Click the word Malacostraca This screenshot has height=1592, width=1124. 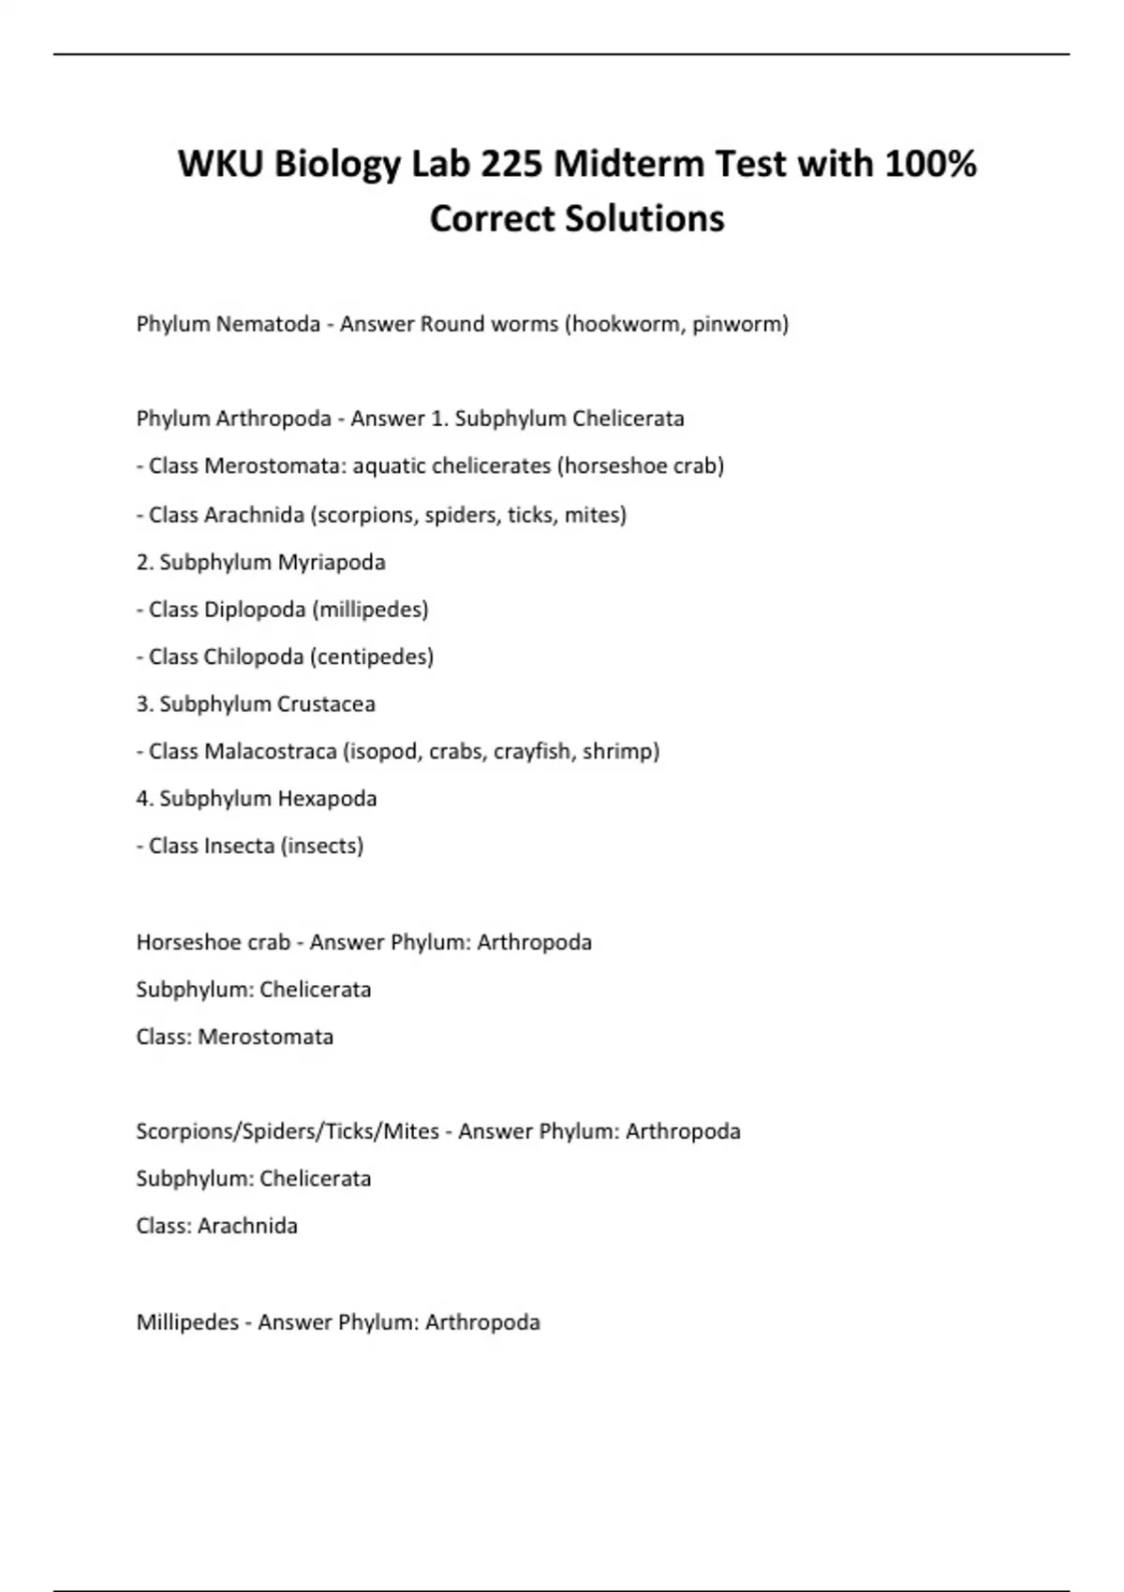click(270, 751)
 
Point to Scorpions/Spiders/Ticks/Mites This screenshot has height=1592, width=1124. click(288, 1131)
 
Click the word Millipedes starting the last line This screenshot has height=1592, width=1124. click(187, 1322)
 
